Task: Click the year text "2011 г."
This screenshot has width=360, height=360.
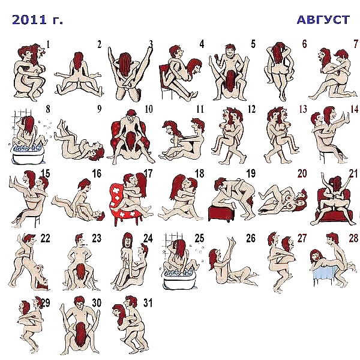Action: [37, 20]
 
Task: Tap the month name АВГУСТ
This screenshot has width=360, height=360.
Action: [323, 20]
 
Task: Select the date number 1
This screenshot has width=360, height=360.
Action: [48, 44]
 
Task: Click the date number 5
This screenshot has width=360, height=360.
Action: [253, 44]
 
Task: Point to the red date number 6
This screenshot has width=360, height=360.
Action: [304, 44]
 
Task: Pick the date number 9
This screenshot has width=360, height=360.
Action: [99, 109]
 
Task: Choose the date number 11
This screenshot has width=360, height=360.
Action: [200, 109]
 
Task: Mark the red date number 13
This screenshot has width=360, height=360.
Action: [303, 109]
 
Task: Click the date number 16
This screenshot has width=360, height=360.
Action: [97, 173]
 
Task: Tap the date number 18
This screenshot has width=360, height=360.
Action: [199, 173]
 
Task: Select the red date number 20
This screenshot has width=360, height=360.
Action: [302, 173]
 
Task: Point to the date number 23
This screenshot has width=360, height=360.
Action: [97, 238]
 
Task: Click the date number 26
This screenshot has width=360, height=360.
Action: [251, 238]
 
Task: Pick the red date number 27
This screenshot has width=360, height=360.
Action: [302, 238]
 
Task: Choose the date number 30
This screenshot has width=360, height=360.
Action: [97, 302]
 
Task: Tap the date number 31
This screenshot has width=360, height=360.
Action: [148, 302]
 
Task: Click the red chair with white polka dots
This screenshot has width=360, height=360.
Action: [119, 205]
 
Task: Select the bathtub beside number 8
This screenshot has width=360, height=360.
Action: [28, 154]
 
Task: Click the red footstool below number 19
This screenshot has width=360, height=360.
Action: [221, 213]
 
